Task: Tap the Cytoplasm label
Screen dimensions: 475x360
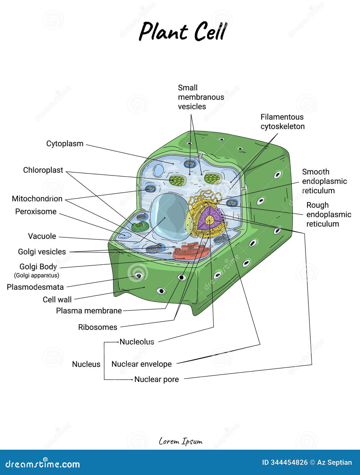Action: [65, 144]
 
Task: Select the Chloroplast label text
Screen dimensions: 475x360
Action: [43, 170]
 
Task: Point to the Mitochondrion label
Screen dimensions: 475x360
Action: [37, 199]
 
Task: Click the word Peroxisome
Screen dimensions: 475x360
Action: [36, 212]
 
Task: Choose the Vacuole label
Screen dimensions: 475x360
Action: [42, 236]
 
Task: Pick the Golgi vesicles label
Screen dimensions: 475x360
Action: [42, 252]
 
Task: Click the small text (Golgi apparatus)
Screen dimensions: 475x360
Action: [37, 275]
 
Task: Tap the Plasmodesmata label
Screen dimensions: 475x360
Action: [35, 287]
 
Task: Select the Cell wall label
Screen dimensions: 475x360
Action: [57, 300]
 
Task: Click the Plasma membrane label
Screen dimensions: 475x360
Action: [89, 311]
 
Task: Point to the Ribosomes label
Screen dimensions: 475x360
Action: [98, 327]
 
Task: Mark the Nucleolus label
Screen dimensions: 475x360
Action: [137, 342]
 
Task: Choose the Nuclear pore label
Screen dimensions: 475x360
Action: [157, 379]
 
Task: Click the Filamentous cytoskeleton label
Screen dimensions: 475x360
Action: [282, 122]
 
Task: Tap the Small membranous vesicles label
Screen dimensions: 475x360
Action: [201, 97]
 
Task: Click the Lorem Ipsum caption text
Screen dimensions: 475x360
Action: [180, 441]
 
